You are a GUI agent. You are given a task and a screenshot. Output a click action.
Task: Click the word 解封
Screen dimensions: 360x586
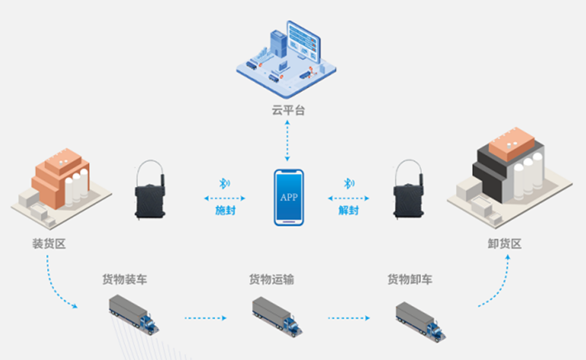(349, 210)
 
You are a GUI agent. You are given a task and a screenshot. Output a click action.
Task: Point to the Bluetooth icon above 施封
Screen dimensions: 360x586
(224, 183)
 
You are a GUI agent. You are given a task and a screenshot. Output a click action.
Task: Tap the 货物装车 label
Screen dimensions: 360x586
(125, 279)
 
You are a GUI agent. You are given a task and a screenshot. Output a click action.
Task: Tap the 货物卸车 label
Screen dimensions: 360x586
(410, 279)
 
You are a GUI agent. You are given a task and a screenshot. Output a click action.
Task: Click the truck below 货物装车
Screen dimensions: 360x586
(135, 314)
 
